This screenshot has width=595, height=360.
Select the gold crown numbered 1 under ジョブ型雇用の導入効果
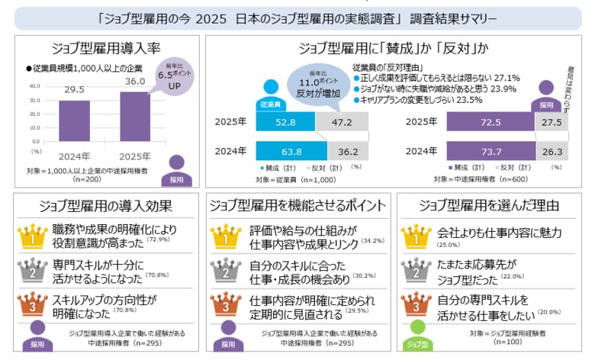point(33,236)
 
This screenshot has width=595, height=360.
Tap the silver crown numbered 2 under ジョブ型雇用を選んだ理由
point(416,271)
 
